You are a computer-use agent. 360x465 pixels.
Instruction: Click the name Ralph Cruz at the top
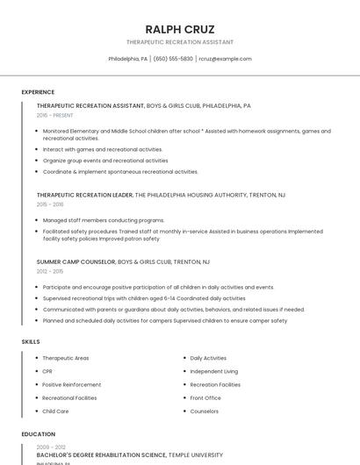tap(180, 29)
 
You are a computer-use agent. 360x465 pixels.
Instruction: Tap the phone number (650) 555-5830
tap(173, 59)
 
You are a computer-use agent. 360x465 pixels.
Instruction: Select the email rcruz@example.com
tap(226, 59)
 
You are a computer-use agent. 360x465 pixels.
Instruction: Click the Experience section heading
tap(38, 92)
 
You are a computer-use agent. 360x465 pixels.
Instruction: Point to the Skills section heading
tap(31, 340)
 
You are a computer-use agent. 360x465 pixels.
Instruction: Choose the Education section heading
tap(38, 433)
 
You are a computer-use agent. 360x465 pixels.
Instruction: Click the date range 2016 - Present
tap(54, 115)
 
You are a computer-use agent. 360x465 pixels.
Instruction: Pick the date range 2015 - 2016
tap(50, 204)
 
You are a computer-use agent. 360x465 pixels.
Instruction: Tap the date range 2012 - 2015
tap(50, 271)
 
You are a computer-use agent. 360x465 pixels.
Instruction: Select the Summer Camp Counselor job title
tap(76, 261)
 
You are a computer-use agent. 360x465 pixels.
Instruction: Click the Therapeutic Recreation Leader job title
tap(84, 195)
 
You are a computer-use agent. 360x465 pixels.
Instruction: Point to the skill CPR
tap(47, 371)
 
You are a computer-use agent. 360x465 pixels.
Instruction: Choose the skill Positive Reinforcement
tap(71, 384)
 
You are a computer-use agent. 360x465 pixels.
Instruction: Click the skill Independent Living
tap(213, 371)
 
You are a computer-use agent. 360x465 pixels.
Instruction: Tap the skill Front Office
tap(205, 397)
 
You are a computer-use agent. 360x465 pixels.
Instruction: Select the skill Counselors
tap(205, 411)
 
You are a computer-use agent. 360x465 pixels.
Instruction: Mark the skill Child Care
tap(55, 411)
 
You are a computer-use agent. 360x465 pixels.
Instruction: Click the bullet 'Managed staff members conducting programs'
tap(104, 220)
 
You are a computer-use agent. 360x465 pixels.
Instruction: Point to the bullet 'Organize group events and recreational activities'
tap(105, 161)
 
